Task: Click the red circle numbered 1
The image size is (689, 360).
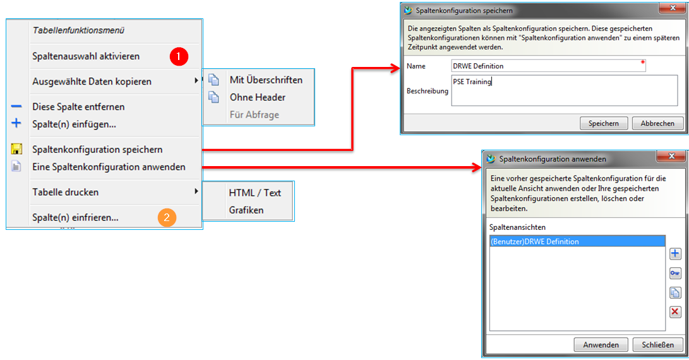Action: tap(179, 56)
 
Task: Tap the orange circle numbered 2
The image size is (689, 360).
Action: tap(166, 218)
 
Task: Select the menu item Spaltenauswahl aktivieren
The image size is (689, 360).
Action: tap(86, 56)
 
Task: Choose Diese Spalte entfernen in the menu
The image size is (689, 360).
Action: tap(78, 107)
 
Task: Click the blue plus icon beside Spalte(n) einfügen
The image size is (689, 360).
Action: tap(17, 124)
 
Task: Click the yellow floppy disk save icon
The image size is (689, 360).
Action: tap(17, 150)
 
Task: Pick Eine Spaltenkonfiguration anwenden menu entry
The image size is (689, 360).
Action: tap(109, 167)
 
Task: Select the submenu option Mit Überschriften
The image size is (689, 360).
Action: tap(266, 80)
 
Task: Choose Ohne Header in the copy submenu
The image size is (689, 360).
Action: tap(257, 97)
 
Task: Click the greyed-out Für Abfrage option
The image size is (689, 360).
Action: tap(254, 114)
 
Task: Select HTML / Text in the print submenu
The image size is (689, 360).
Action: tap(255, 193)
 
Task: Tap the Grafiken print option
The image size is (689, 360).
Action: tap(246, 210)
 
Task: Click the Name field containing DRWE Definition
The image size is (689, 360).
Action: tap(547, 66)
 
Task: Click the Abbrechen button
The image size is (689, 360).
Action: tap(657, 123)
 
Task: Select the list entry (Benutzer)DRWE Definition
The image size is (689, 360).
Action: tap(577, 241)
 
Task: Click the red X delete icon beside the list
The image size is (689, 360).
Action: tap(675, 312)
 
